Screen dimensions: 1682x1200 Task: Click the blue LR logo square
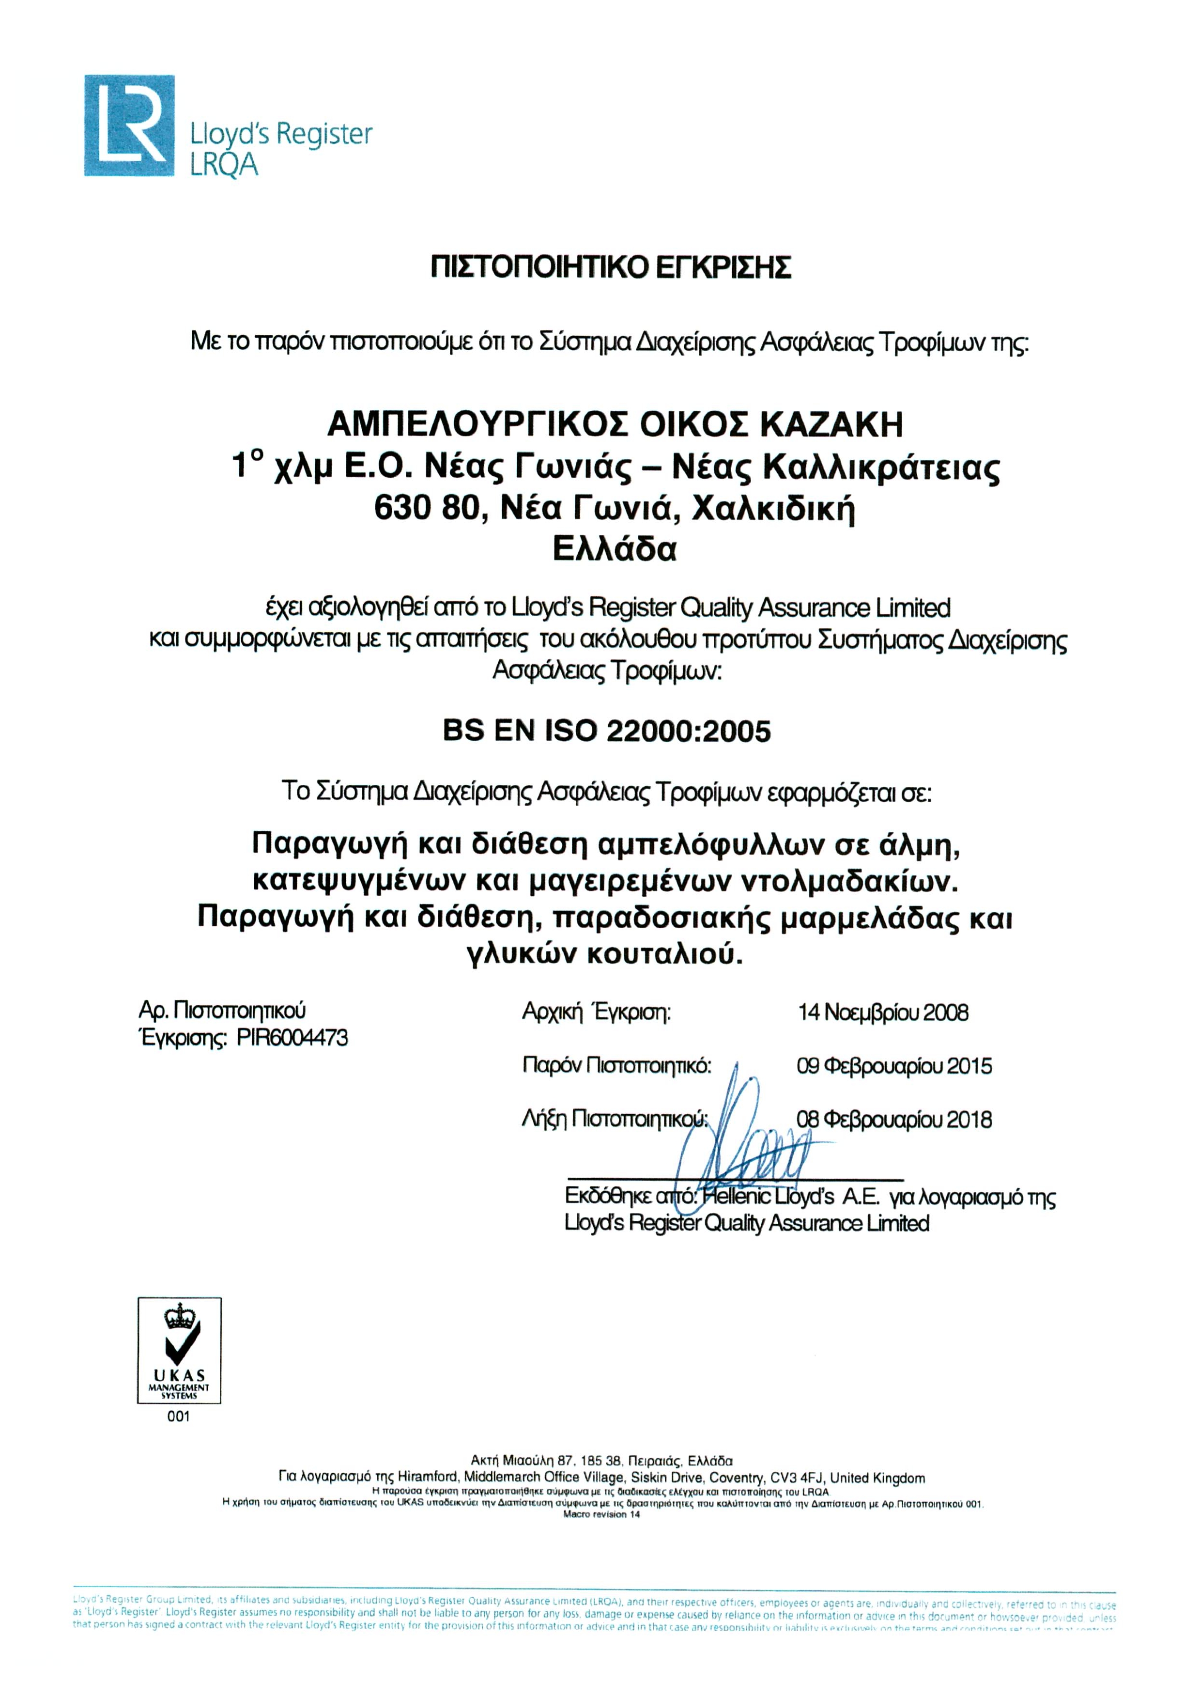coord(129,125)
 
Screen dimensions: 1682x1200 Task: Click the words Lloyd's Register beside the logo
coord(281,135)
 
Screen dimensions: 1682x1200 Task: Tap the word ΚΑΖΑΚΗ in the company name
coord(831,425)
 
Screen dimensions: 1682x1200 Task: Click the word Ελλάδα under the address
coord(614,549)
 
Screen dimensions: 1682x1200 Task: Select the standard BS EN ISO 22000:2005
coord(607,731)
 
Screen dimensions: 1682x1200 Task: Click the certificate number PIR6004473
coord(292,1038)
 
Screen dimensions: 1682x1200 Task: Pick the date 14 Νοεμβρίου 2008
coord(882,1012)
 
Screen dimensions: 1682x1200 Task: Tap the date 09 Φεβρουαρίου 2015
coord(893,1066)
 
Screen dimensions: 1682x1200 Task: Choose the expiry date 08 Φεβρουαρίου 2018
coord(893,1120)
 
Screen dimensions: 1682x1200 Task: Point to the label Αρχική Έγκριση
coord(596,1012)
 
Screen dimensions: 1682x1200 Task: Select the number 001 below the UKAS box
coord(178,1417)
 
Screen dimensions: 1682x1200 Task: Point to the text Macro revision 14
coord(601,1515)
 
